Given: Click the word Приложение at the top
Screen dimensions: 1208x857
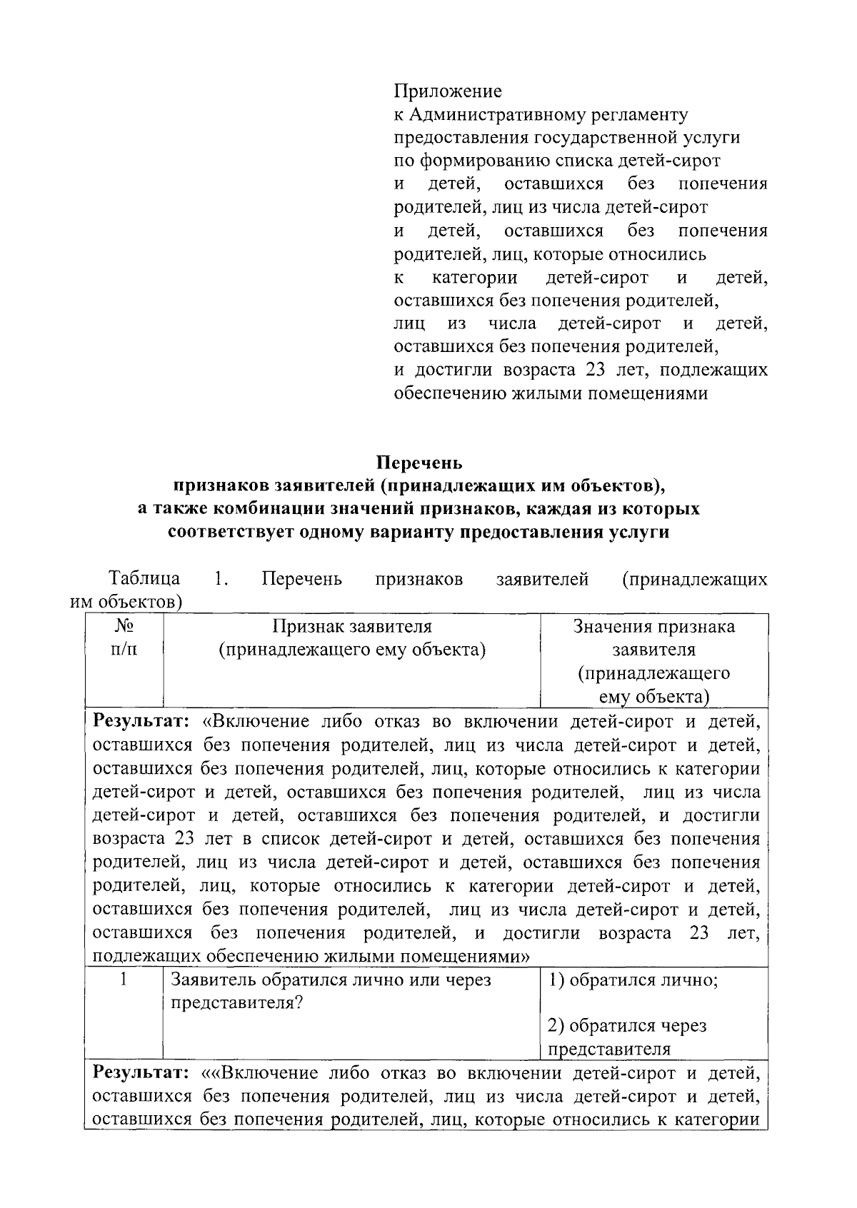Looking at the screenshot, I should click(448, 91).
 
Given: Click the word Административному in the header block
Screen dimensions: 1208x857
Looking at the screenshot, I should click(491, 115).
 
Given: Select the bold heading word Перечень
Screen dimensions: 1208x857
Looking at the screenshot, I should click(419, 463).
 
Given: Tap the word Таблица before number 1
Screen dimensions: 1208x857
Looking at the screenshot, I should click(144, 578).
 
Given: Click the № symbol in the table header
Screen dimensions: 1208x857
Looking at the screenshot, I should click(124, 627).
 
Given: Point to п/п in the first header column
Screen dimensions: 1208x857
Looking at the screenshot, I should click(124, 650).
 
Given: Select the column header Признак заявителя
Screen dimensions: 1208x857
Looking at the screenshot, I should click(352, 627).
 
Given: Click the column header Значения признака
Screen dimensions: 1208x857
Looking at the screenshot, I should click(654, 627).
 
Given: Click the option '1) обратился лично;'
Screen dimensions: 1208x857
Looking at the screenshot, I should click(633, 980).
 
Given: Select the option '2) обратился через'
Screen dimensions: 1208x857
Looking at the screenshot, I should click(627, 1026).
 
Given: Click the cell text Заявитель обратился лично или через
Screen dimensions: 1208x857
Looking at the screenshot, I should click(331, 980).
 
